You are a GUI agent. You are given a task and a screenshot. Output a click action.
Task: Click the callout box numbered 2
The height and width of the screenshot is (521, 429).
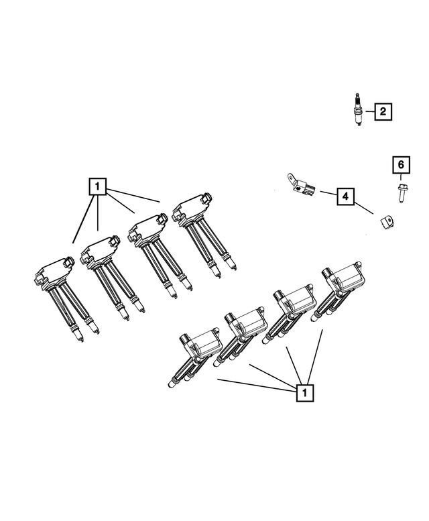click(x=382, y=111)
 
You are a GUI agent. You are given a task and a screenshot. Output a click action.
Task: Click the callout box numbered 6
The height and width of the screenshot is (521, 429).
click(x=400, y=164)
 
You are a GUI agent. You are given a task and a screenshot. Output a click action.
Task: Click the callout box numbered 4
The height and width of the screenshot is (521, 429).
click(x=345, y=196)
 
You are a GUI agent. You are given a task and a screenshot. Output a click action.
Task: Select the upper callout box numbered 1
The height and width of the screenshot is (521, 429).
click(x=97, y=185)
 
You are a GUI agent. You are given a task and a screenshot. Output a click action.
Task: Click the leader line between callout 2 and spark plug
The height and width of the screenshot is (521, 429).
click(x=369, y=111)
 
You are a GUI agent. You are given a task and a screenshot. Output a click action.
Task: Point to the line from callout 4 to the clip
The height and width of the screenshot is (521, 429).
click(x=363, y=207)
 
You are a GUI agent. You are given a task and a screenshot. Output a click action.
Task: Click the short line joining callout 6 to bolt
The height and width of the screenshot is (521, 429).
click(x=400, y=178)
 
